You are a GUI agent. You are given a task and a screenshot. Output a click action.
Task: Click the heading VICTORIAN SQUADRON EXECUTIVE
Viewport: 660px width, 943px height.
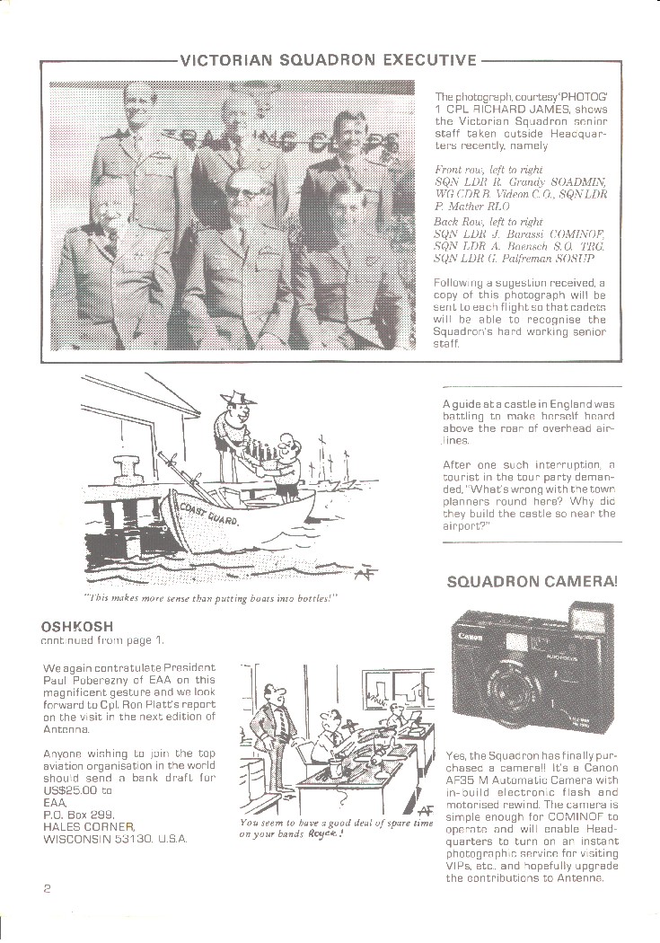tap(328, 61)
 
